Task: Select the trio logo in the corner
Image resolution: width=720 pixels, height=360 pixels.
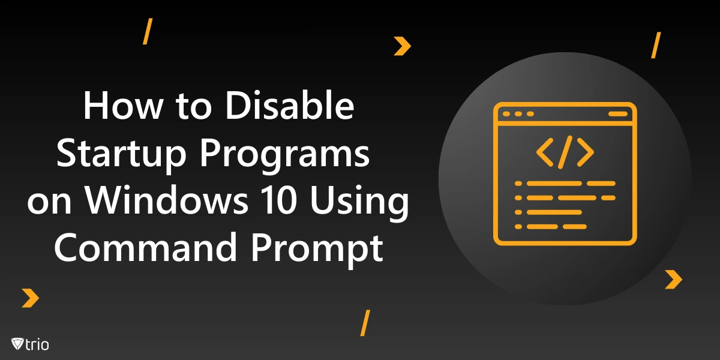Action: tap(29, 344)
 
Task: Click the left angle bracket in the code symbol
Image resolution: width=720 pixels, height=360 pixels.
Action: tap(545, 153)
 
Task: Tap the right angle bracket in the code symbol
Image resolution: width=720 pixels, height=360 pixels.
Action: tap(584, 153)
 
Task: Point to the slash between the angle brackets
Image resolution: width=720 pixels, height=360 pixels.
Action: tap(565, 153)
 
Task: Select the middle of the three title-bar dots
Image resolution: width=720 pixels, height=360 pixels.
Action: tap(518, 114)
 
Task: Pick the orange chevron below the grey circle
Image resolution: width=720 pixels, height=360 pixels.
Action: tap(674, 279)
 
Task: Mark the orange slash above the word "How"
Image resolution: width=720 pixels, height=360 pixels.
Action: tap(147, 32)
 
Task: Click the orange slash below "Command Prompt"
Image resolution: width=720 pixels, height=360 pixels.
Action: tap(364, 323)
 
